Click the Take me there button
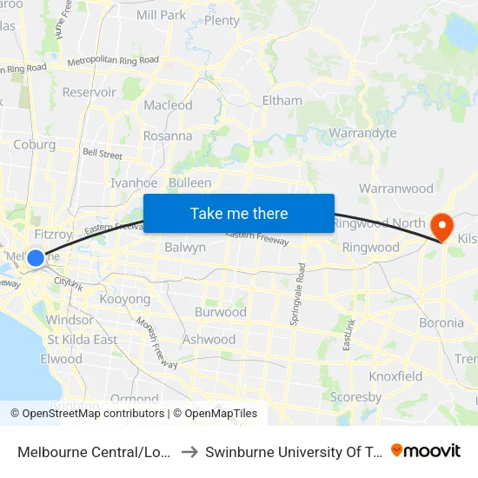pyautogui.click(x=239, y=213)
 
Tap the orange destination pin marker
pyautogui.click(x=442, y=227)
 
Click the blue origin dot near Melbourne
pyautogui.click(x=36, y=257)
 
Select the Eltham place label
pyautogui.click(x=282, y=100)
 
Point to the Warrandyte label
pyautogui.click(x=362, y=133)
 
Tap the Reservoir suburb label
pyautogui.click(x=89, y=92)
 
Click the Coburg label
pyautogui.click(x=35, y=144)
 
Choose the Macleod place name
pyautogui.click(x=168, y=105)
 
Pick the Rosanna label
pyautogui.click(x=168, y=136)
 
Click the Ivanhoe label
pyautogui.click(x=134, y=183)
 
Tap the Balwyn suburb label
pyautogui.click(x=185, y=247)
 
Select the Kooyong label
pyautogui.click(x=125, y=299)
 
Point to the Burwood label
pyautogui.click(x=221, y=312)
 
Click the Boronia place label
pyautogui.click(x=441, y=322)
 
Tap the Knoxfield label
pyautogui.click(x=395, y=376)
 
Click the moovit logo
pyautogui.click(x=426, y=450)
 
